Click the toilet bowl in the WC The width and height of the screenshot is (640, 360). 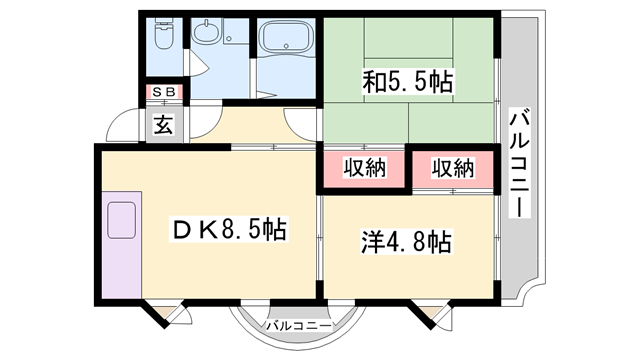(x=162, y=37)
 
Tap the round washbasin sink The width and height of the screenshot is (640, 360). (x=206, y=36)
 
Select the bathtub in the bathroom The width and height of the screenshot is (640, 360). (x=285, y=42)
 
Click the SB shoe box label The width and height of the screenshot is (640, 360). (x=162, y=93)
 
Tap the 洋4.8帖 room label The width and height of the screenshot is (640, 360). (x=404, y=241)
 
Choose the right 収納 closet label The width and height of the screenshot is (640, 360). (x=452, y=169)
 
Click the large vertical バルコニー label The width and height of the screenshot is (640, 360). (x=520, y=165)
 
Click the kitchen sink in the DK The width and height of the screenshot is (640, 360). (x=122, y=219)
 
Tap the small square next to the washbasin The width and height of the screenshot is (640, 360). (x=230, y=40)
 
